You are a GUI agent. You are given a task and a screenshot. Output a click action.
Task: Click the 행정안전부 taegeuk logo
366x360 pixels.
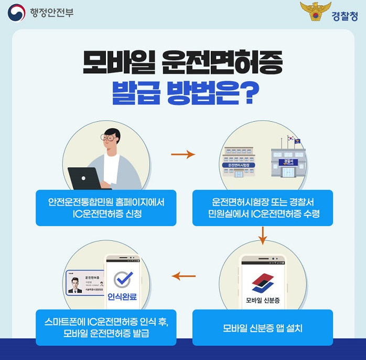[16, 13]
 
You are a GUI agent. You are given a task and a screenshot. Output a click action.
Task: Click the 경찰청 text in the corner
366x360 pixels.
[345, 16]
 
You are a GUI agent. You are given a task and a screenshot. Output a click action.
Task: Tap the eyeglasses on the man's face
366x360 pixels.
[110, 138]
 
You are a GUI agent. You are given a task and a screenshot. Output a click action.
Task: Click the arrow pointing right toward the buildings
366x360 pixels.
[182, 155]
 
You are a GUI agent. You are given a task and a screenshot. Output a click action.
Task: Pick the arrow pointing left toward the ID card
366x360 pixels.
[184, 276]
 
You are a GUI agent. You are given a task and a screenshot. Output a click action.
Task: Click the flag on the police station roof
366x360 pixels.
[291, 139]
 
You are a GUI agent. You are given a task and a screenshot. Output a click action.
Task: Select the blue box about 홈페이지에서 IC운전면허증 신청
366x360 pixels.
[105, 208]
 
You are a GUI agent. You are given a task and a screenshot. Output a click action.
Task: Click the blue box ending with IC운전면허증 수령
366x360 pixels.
[262, 208]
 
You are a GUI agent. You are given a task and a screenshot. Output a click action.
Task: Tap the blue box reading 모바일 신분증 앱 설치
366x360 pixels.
[262, 328]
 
